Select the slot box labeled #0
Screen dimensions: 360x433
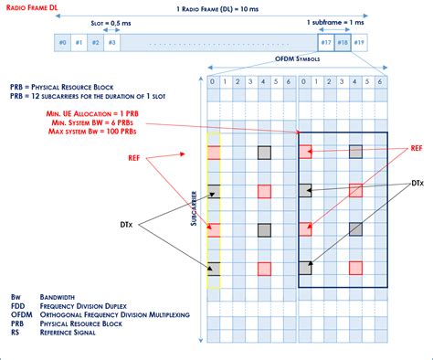[x=63, y=43]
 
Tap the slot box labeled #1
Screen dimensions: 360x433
[x=79, y=43]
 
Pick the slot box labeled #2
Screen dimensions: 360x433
[x=96, y=43]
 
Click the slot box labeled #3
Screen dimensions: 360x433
[x=112, y=43]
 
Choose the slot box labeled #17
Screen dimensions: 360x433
[x=326, y=43]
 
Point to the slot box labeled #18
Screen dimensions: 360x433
[x=343, y=43]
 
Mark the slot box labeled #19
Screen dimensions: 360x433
[x=359, y=43]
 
